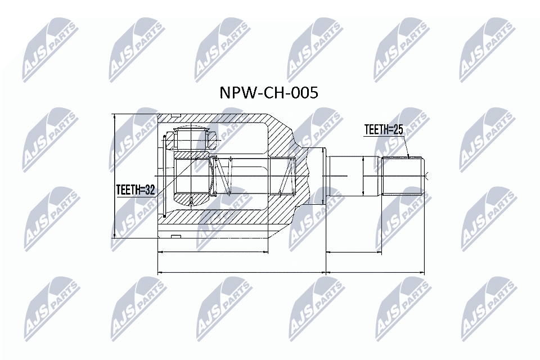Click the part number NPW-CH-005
coord(268,93)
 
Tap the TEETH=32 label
coord(135,190)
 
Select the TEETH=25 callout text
coord(384,130)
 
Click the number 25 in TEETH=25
coord(398,130)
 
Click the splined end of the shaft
coord(402,176)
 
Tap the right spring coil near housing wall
coord(288,176)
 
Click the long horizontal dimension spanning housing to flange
coord(242,273)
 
